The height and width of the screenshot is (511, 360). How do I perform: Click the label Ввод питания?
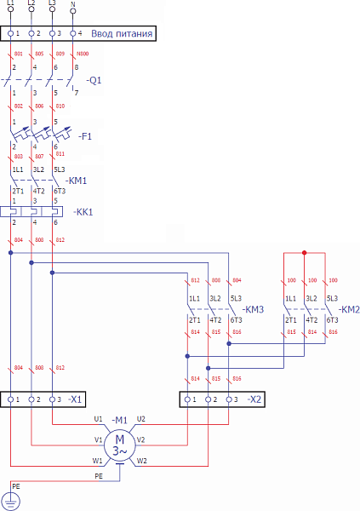pyautogui.click(x=122, y=34)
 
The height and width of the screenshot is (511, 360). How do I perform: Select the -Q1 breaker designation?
pyautogui.click(x=94, y=80)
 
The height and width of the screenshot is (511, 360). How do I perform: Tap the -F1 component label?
pyautogui.click(x=85, y=136)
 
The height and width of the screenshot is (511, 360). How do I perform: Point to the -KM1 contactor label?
pyautogui.click(x=77, y=181)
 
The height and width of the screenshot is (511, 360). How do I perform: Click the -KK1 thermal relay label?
pyautogui.click(x=83, y=210)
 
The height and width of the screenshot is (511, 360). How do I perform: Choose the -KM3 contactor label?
pyautogui.click(x=254, y=308)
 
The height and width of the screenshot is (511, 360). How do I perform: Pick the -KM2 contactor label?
pyautogui.click(x=350, y=308)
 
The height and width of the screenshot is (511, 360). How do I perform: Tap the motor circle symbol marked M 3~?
pyautogui.click(x=119, y=443)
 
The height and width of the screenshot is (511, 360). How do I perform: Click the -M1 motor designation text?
pyautogui.click(x=119, y=420)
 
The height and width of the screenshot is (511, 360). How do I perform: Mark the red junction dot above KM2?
pyautogui.click(x=305, y=253)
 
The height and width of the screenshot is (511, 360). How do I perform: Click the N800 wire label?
pyautogui.click(x=83, y=54)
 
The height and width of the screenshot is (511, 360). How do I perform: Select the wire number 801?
pyautogui.click(x=18, y=54)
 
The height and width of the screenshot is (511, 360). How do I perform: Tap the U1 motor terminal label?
pyautogui.click(x=98, y=419)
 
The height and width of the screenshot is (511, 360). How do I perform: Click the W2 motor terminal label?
pyautogui.click(x=141, y=461)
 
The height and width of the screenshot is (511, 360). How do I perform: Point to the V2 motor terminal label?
pyautogui.click(x=141, y=440)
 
